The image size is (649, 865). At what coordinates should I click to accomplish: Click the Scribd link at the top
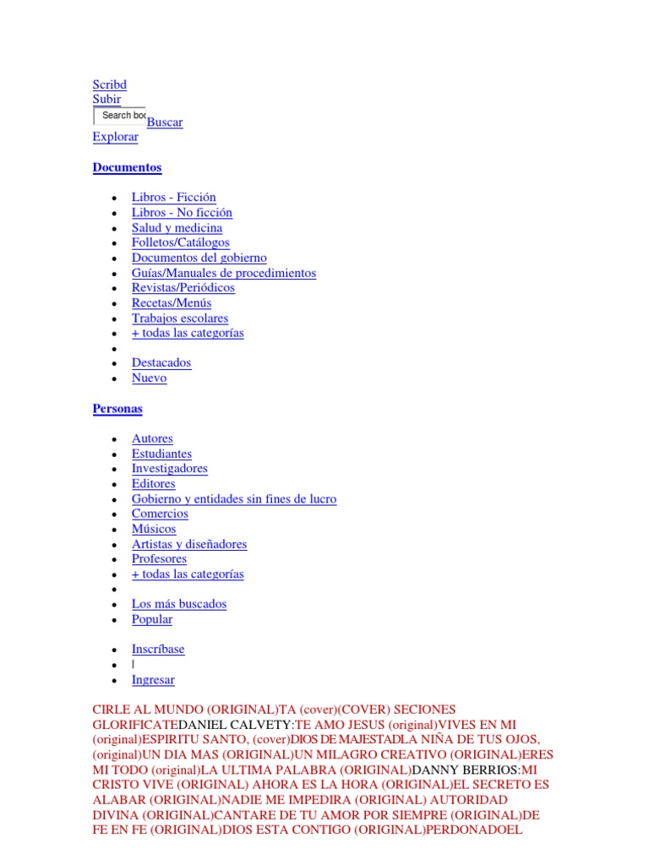point(109,84)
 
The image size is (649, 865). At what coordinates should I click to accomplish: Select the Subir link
point(106,99)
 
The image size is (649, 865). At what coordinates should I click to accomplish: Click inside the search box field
point(119,116)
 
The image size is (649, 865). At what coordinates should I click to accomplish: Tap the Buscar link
point(165,122)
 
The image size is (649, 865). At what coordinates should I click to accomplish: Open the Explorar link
point(115,137)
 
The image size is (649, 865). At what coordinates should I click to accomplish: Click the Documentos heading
point(127,167)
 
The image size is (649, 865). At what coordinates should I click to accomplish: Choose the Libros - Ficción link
point(173,198)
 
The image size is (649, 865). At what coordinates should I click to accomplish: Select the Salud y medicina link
point(177,228)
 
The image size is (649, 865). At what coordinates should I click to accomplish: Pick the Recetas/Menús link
point(172,302)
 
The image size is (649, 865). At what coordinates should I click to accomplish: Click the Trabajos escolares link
point(180,318)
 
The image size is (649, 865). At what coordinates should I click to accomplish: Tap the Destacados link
point(161,363)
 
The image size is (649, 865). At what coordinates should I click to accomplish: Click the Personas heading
point(117,409)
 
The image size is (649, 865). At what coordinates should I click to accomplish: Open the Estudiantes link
point(161,454)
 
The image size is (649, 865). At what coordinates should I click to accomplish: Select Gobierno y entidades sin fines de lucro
point(234,499)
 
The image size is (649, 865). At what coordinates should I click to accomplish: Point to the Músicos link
point(154,529)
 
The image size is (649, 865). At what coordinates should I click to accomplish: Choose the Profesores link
point(159,559)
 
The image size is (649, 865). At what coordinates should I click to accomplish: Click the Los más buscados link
point(179,604)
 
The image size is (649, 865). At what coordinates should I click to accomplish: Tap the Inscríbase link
point(158,650)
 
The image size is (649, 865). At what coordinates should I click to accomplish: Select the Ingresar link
point(153,679)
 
